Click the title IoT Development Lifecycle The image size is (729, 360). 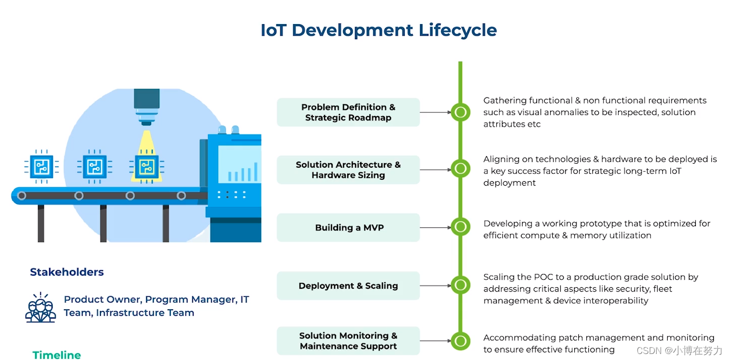point(378,30)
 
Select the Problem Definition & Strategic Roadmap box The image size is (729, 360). point(348,112)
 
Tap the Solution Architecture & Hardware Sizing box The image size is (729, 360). point(348,170)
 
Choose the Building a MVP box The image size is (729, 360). point(348,227)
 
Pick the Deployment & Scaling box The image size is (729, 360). point(348,286)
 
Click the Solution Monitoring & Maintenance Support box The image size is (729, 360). point(348,341)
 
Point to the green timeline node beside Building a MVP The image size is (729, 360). point(460,227)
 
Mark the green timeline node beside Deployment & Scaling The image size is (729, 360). point(460,285)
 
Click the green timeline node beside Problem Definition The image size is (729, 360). point(460,112)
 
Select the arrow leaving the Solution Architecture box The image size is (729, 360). point(435,170)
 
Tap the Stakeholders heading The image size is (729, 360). point(67,272)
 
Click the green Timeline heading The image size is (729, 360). point(57,355)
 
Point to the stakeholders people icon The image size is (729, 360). point(41,307)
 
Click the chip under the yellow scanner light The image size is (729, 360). point(146,166)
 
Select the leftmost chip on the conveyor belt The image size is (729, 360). point(41,166)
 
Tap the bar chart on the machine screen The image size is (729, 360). point(243,172)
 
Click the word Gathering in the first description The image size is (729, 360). point(504,100)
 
